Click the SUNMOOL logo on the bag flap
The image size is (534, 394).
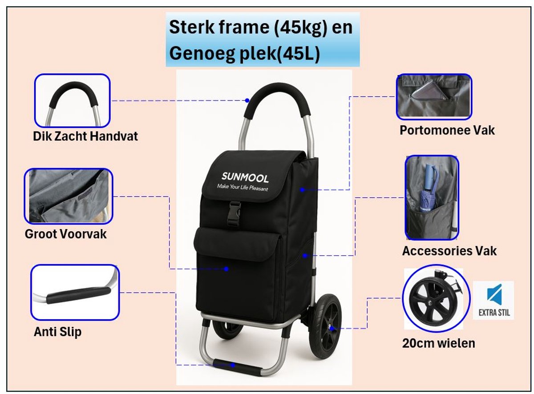(x=245, y=177)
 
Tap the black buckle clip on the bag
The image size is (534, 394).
(x=235, y=213)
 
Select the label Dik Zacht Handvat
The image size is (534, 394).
(x=85, y=136)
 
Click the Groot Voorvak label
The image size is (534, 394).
(x=65, y=234)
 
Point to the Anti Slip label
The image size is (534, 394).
(x=57, y=332)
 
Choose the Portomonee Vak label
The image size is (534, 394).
(x=447, y=130)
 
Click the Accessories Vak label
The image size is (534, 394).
(x=449, y=251)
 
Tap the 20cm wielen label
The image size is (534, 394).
(x=439, y=343)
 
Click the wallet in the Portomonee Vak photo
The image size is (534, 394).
(x=428, y=90)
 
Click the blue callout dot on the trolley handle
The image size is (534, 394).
(x=247, y=101)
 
